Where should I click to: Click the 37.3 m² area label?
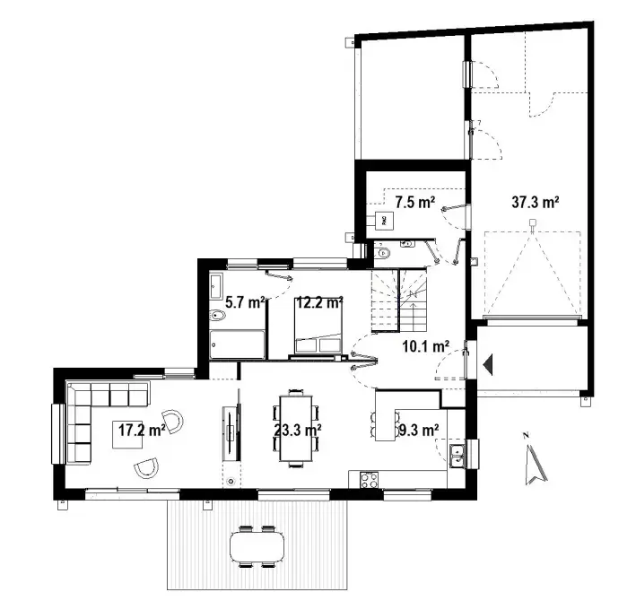[x=536, y=203]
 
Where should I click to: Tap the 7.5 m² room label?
[x=414, y=203]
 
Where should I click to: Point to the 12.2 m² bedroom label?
[x=319, y=303]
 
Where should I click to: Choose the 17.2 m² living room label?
[x=141, y=430]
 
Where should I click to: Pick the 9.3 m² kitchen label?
[x=416, y=430]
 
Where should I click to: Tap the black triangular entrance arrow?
[x=488, y=364]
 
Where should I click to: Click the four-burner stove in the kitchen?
[x=369, y=480]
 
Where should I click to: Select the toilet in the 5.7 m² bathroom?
[x=218, y=315]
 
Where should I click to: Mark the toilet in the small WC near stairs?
[x=387, y=253]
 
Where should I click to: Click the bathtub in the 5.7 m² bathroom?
[x=237, y=344]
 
